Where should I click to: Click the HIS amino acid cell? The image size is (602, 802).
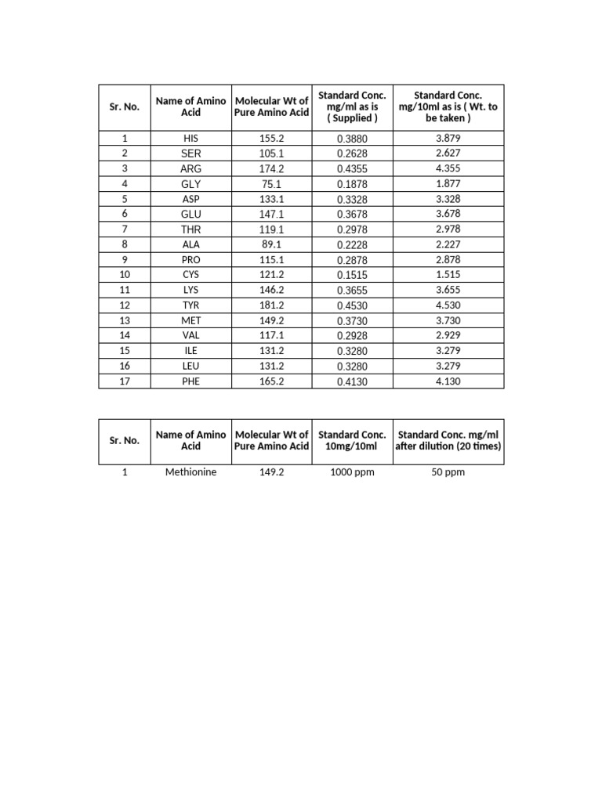pos(190,139)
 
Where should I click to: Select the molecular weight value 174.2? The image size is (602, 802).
pos(271,168)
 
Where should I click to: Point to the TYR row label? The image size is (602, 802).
pos(190,305)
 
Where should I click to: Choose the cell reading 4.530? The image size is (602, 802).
pos(448,305)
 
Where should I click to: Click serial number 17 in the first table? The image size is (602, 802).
pos(124,381)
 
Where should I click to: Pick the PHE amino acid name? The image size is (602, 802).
pos(190,381)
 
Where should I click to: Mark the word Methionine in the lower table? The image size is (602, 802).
pos(190,473)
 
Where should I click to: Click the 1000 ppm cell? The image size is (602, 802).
pos(352,473)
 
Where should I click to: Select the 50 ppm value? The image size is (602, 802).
pos(448,473)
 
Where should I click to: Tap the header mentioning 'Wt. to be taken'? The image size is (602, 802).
pos(448,107)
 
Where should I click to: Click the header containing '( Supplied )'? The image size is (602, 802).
pos(352,107)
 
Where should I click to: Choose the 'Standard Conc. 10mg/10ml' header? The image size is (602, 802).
pos(352,440)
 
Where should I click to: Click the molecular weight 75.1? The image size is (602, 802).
pos(271,184)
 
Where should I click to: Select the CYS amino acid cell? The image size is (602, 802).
pos(190,275)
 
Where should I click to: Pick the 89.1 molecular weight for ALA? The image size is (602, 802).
pos(271,245)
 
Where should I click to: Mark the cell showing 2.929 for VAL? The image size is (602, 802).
pos(448,335)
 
